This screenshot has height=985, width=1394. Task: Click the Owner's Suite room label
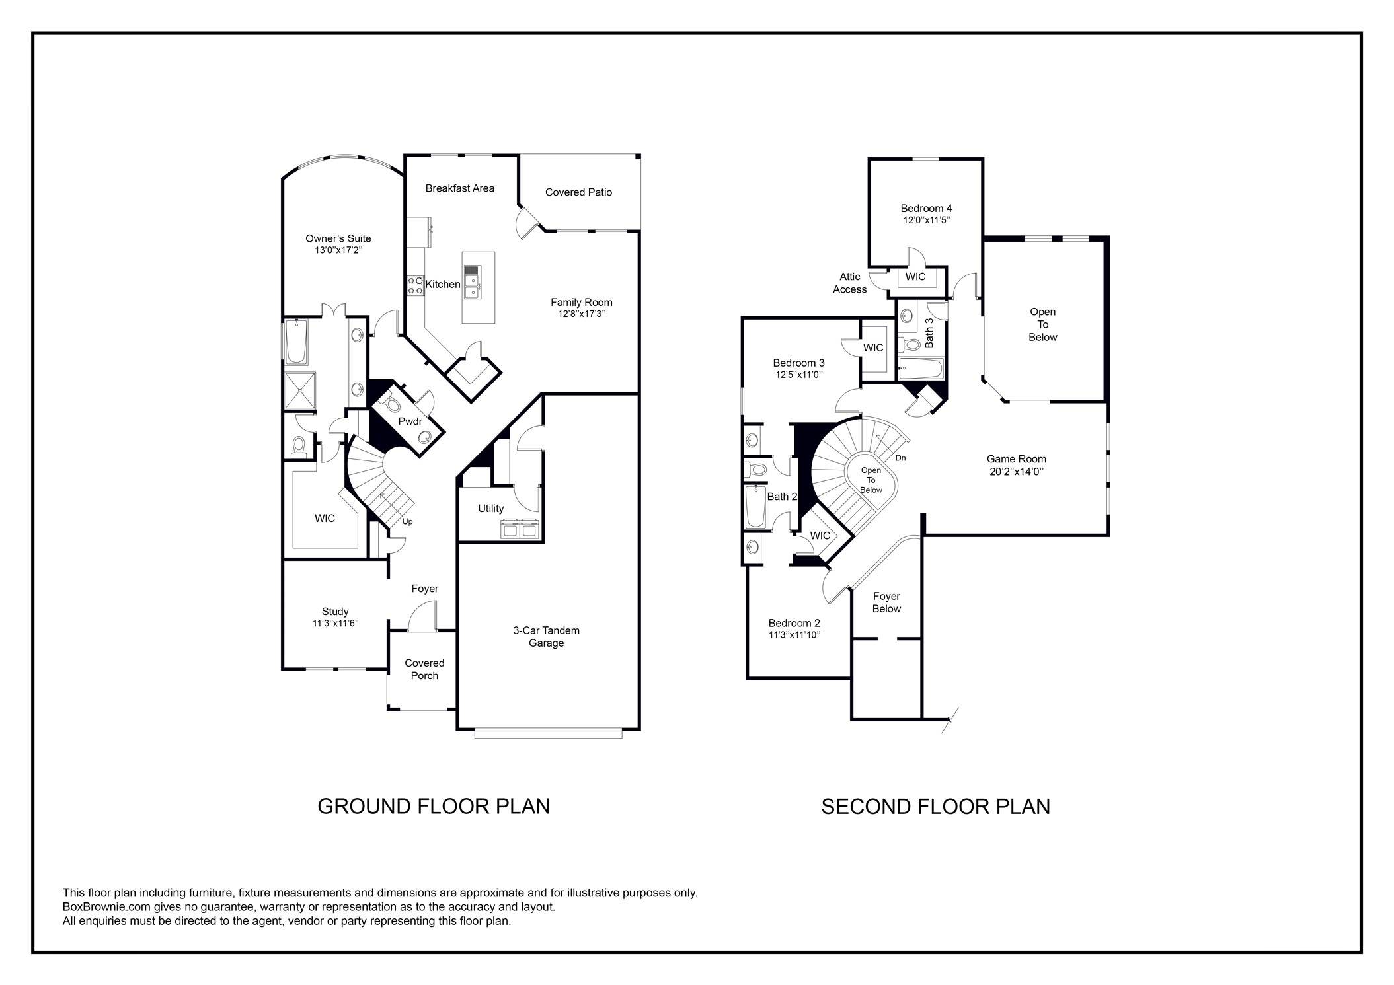(338, 238)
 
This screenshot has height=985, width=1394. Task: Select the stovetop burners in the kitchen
(415, 285)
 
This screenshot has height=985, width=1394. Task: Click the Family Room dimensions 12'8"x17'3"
(581, 314)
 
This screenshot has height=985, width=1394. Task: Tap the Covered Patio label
(578, 192)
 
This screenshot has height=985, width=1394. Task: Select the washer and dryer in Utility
(520, 529)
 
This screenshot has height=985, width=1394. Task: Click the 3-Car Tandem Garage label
(546, 637)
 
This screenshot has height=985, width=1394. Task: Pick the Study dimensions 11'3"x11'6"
(335, 624)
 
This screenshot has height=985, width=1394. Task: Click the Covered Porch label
(424, 669)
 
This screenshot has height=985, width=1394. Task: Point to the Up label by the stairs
(408, 522)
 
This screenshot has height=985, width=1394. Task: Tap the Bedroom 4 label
(926, 209)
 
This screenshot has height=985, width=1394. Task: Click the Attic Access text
(849, 283)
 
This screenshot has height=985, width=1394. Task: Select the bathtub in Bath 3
(921, 369)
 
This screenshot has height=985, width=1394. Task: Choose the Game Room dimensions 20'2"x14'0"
(1016, 472)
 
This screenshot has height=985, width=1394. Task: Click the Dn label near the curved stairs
(900, 458)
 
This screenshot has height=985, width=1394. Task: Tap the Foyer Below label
(886, 602)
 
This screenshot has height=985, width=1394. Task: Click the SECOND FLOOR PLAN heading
(935, 807)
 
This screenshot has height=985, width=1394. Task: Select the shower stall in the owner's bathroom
(300, 391)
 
